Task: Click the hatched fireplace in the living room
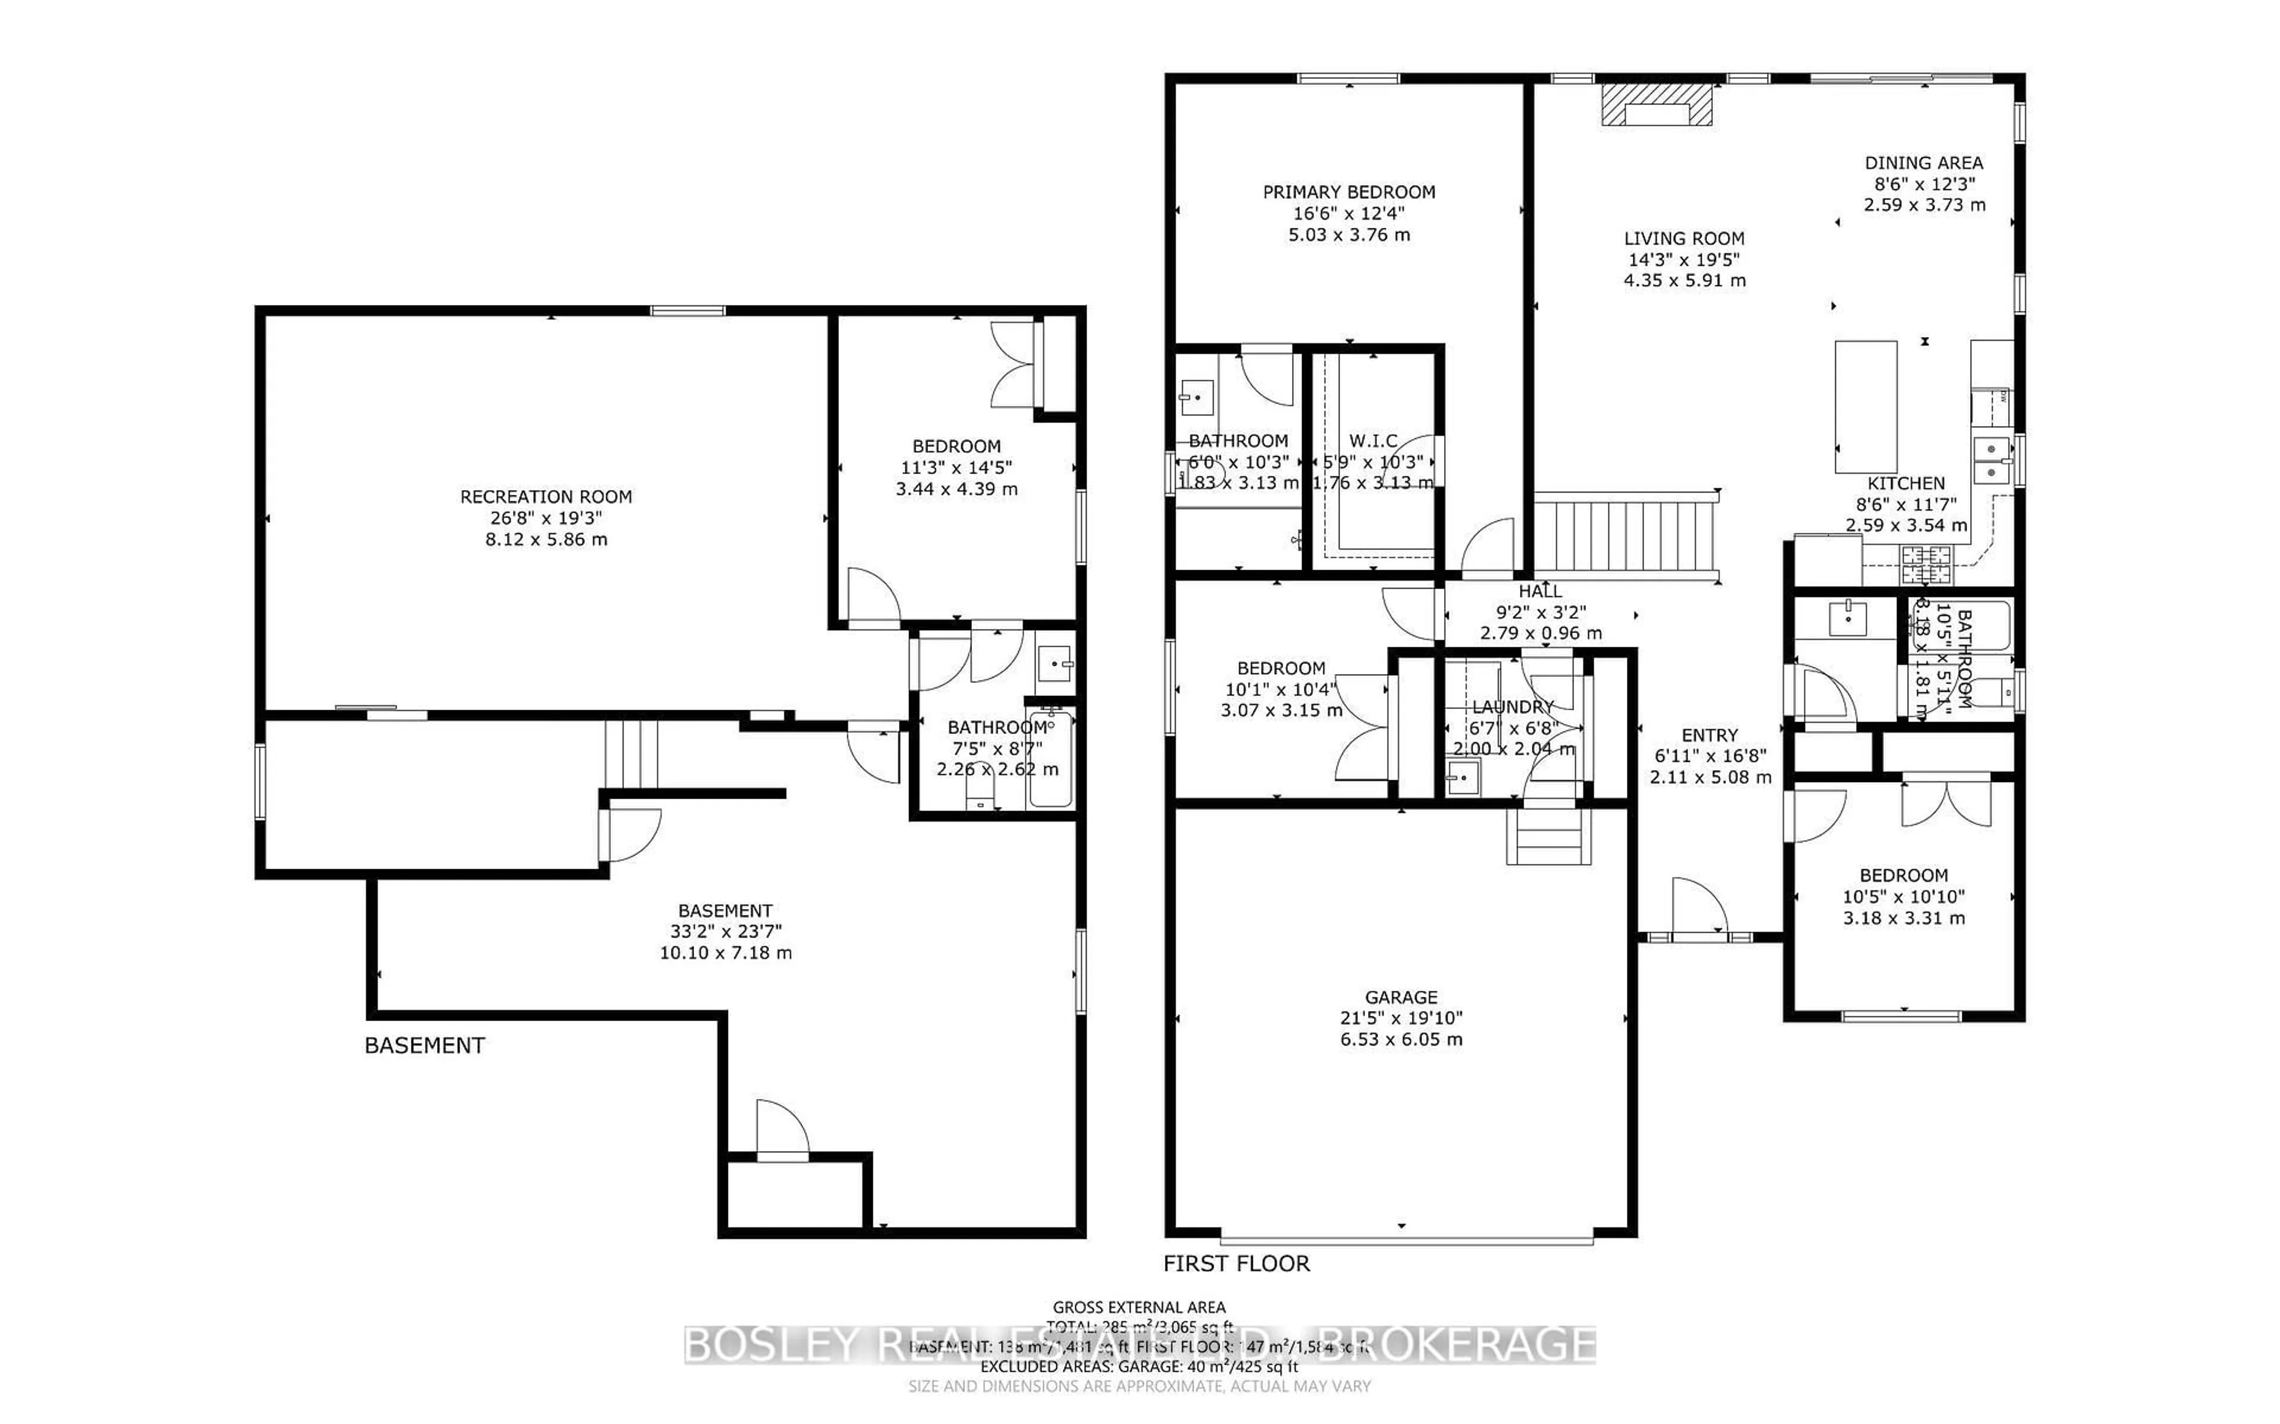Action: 1657,104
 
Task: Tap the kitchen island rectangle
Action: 1866,407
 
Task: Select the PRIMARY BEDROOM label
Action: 1349,192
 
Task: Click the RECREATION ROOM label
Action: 546,497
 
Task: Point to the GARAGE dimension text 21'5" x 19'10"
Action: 1401,1018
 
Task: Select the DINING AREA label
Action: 1924,163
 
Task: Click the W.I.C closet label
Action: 1373,441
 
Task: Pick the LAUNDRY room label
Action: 1512,706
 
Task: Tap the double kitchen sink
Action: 1991,460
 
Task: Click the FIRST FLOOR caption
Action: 1236,1264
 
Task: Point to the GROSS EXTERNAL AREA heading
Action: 1139,1307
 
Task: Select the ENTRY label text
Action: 1709,736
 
